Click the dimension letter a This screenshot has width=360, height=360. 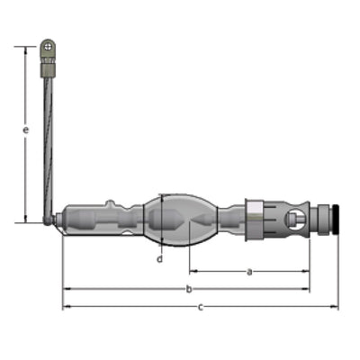point(249,272)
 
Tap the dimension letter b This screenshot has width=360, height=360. point(189,289)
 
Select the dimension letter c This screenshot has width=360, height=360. point(201,307)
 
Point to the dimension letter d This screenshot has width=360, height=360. point(160,258)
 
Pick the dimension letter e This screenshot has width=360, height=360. point(26,130)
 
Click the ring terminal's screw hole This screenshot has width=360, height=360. point(48,47)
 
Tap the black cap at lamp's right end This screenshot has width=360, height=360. point(336,219)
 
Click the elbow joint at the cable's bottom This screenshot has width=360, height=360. point(48,220)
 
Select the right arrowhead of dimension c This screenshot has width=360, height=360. point(334,307)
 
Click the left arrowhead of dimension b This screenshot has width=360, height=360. point(67,289)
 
